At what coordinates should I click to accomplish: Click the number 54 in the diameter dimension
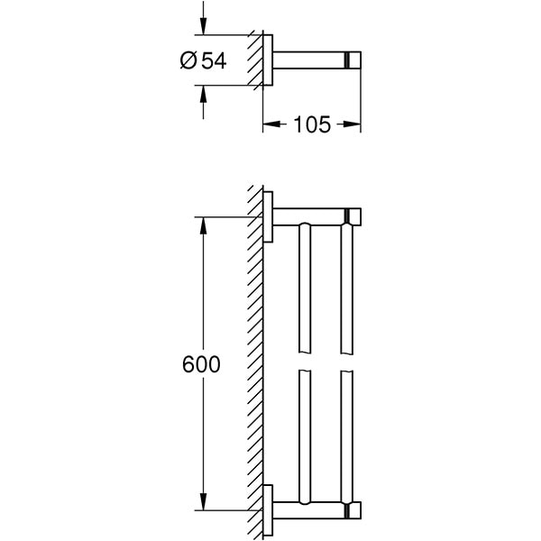(x=214, y=60)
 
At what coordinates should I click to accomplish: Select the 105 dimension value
(x=311, y=124)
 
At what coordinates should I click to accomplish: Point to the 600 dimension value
(x=201, y=365)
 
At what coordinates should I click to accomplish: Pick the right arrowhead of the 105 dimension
(x=354, y=124)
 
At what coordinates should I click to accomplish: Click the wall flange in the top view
(x=269, y=60)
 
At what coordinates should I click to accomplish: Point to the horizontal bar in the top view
(x=307, y=60)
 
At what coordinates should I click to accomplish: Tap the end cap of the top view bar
(x=353, y=60)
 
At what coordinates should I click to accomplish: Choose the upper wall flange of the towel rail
(x=269, y=216)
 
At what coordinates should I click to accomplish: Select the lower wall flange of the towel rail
(x=269, y=510)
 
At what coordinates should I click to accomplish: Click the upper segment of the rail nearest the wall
(x=304, y=289)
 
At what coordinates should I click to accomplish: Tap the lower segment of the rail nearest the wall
(x=304, y=433)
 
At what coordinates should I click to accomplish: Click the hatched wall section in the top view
(x=257, y=60)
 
